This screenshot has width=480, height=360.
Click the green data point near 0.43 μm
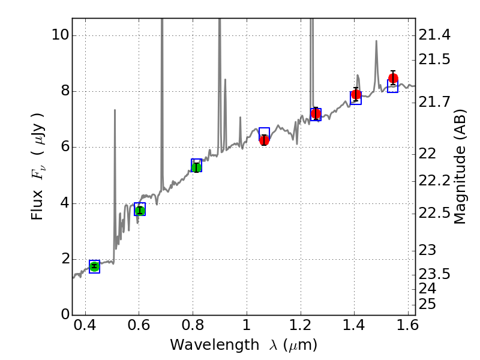[94, 266]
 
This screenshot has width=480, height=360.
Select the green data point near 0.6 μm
[140, 210]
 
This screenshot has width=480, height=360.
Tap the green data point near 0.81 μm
[196, 166]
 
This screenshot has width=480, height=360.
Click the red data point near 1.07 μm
[264, 140]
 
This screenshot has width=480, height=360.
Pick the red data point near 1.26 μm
[316, 113]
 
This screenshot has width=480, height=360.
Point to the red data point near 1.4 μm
[356, 95]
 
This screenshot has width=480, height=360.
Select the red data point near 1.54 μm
[393, 79]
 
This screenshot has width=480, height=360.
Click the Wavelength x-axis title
[243, 345]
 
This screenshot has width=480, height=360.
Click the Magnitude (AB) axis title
[461, 166]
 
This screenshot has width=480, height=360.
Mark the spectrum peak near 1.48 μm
[376, 41]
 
